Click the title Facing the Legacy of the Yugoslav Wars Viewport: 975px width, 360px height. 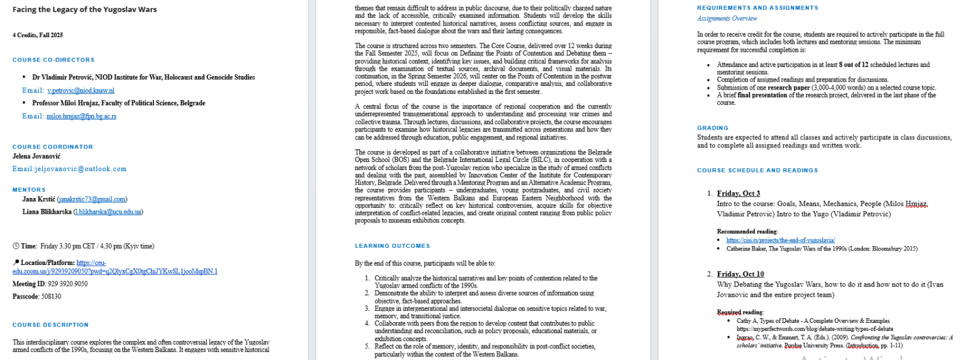(85, 9)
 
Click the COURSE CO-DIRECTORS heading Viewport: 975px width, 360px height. (54, 60)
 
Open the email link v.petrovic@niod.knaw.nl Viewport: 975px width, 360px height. (81, 90)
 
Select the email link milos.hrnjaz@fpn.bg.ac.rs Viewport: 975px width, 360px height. (82, 116)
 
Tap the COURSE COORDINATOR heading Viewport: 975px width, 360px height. (53, 147)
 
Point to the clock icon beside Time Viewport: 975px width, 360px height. (16, 246)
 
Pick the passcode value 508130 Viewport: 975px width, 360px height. (51, 297)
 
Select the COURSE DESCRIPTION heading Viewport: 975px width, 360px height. (51, 325)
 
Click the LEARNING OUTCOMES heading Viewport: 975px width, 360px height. (392, 246)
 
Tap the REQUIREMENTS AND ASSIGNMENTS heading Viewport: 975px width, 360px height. (757, 8)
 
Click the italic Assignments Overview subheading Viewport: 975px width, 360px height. (727, 18)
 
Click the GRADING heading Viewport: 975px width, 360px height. (713, 128)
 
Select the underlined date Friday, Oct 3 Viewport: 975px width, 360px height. (739, 194)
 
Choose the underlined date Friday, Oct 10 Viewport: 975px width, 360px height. (740, 274)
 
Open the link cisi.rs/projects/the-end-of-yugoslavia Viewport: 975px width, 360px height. (781, 240)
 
